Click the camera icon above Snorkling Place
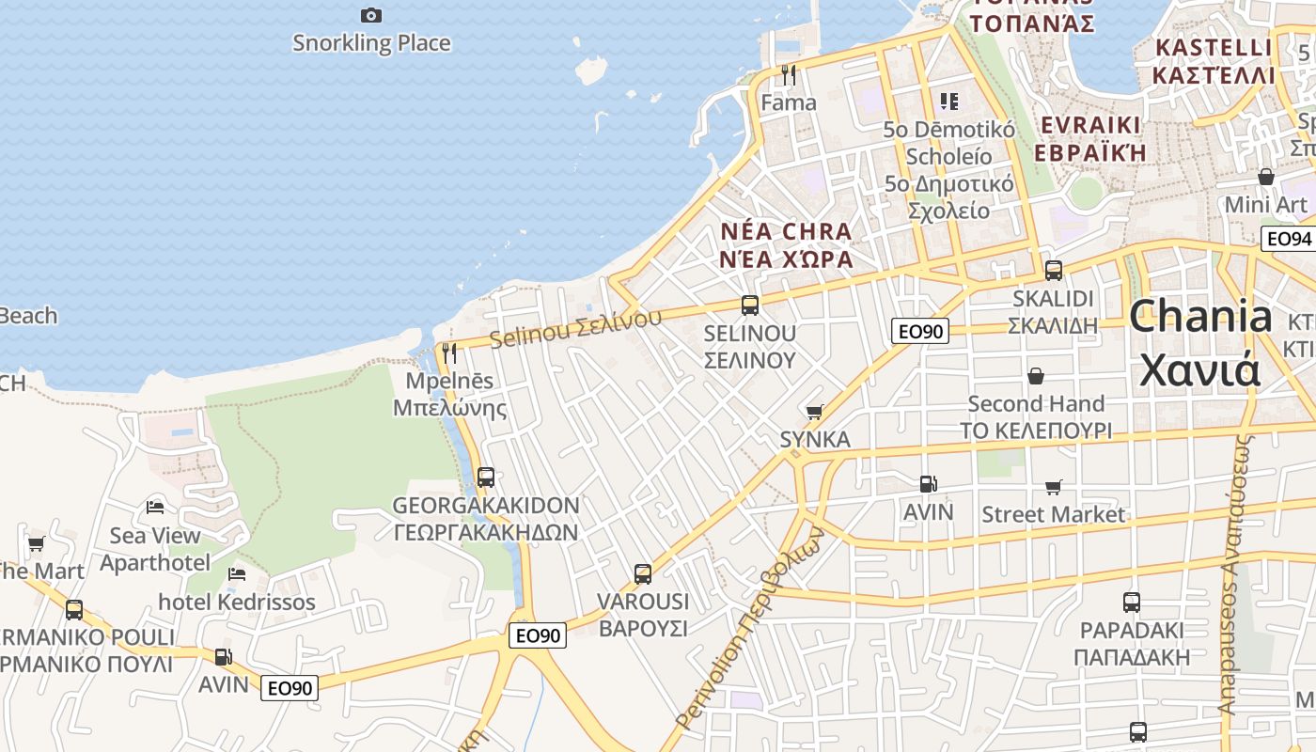[371, 15]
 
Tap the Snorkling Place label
[371, 43]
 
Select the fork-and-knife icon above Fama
[789, 74]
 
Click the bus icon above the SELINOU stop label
[750, 305]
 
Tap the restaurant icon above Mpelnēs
[449, 353]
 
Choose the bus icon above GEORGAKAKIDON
[486, 477]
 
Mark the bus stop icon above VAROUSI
[643, 573]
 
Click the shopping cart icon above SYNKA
[815, 412]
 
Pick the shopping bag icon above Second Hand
[1036, 376]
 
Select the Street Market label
[1053, 514]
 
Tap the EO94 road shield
[1288, 239]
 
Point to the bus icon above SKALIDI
[1054, 271]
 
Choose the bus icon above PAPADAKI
[1132, 602]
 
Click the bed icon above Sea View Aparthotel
[155, 508]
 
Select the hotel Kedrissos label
[237, 602]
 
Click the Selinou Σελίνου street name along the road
[575, 328]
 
